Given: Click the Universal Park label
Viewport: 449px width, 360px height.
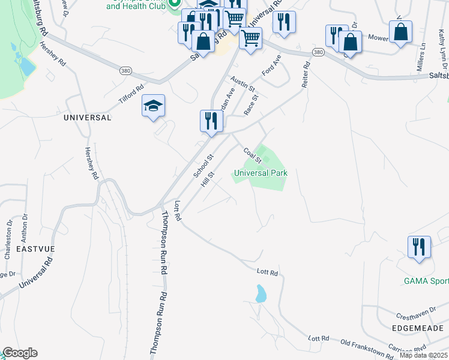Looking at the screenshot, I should point(261,173).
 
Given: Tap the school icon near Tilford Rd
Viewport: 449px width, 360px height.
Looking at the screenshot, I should point(153,106).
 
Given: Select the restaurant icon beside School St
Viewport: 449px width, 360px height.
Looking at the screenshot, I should point(211,121).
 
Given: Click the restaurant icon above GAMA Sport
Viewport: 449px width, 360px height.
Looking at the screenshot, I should point(419,247).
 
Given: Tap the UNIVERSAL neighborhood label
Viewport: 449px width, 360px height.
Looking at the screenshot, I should point(88,118).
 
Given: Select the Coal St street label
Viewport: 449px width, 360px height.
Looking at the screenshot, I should point(253,155).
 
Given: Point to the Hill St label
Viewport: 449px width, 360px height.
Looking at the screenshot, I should point(208,179).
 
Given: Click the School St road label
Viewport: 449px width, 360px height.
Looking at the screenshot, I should point(204,166).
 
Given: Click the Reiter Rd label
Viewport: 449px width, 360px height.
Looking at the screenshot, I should point(306,74).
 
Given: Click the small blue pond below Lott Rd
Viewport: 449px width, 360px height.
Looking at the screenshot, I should point(261,294).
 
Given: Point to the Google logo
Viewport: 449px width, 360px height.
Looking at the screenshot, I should point(20,353).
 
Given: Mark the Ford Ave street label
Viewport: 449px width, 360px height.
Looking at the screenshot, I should point(272,66).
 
